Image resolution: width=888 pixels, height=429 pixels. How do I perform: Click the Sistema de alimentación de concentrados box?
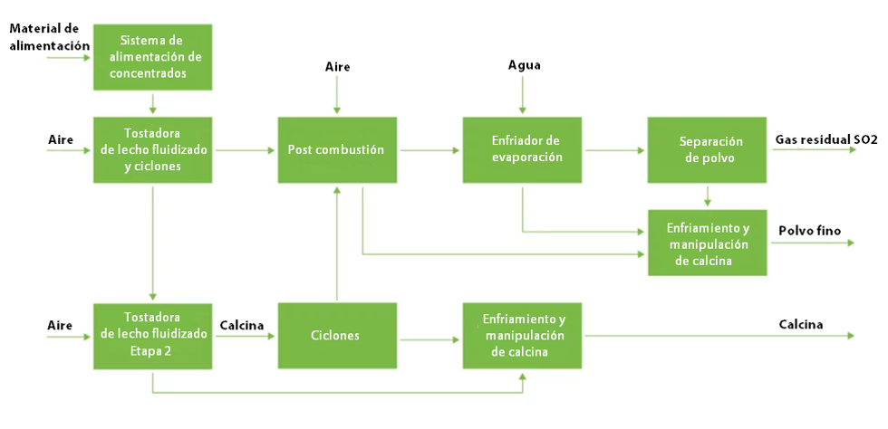(x=153, y=57)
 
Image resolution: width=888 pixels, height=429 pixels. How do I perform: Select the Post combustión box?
(x=337, y=150)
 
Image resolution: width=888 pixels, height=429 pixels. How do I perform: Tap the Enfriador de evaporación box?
(x=522, y=150)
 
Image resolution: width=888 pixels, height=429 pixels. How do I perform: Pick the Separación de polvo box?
(x=708, y=150)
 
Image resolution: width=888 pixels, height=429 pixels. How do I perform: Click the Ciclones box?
(x=337, y=336)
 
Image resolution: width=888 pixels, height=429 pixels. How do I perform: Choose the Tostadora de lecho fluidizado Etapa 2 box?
(x=153, y=336)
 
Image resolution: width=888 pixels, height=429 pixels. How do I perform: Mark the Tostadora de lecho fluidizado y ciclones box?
(x=153, y=150)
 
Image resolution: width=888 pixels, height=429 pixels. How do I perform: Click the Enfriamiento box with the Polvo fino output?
(x=708, y=243)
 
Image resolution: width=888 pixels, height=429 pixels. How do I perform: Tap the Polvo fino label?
(x=810, y=231)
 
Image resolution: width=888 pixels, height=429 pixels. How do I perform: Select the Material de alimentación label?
(x=51, y=37)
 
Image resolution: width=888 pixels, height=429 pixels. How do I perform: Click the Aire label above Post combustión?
(x=337, y=67)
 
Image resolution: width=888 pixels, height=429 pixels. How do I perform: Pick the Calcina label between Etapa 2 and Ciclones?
(x=242, y=325)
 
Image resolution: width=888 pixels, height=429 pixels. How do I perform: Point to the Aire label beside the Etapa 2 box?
(x=61, y=325)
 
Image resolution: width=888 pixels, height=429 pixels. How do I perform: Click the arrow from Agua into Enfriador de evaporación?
(x=522, y=94)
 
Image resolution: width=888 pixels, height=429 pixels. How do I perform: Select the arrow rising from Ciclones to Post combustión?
(x=337, y=244)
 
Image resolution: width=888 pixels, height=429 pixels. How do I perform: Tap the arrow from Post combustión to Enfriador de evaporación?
(x=430, y=150)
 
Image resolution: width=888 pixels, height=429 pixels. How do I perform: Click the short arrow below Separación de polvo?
(x=708, y=195)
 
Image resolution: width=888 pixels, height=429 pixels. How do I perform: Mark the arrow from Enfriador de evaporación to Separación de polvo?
(x=615, y=150)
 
